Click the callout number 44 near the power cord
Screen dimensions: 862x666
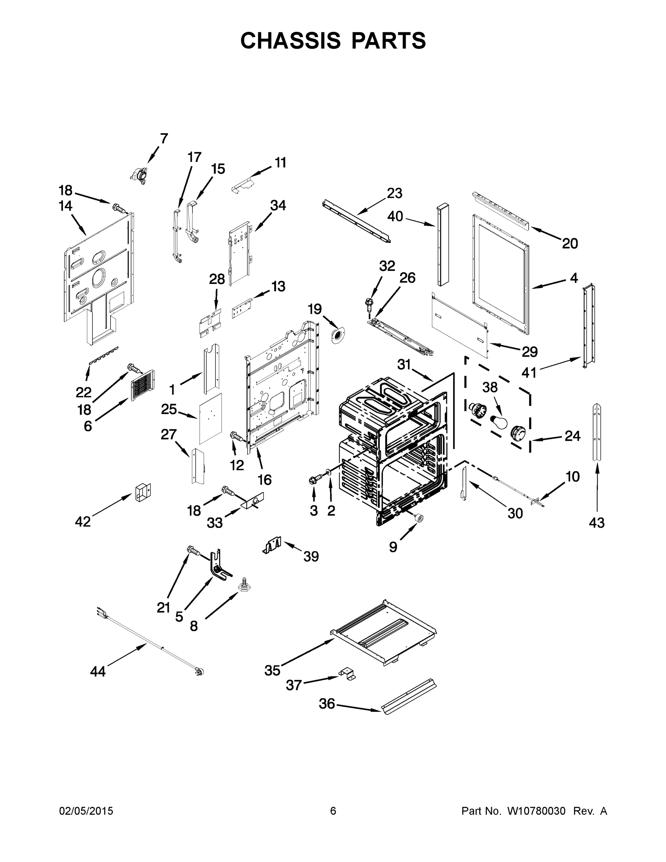coord(98,671)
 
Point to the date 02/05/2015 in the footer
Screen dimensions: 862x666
coord(86,811)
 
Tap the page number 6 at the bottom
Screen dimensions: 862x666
coord(333,811)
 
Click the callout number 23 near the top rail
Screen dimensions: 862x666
coord(394,193)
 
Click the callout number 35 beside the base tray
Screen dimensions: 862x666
coord(272,670)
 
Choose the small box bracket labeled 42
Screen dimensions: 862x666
coord(143,492)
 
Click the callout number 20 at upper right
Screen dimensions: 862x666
coord(570,244)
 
